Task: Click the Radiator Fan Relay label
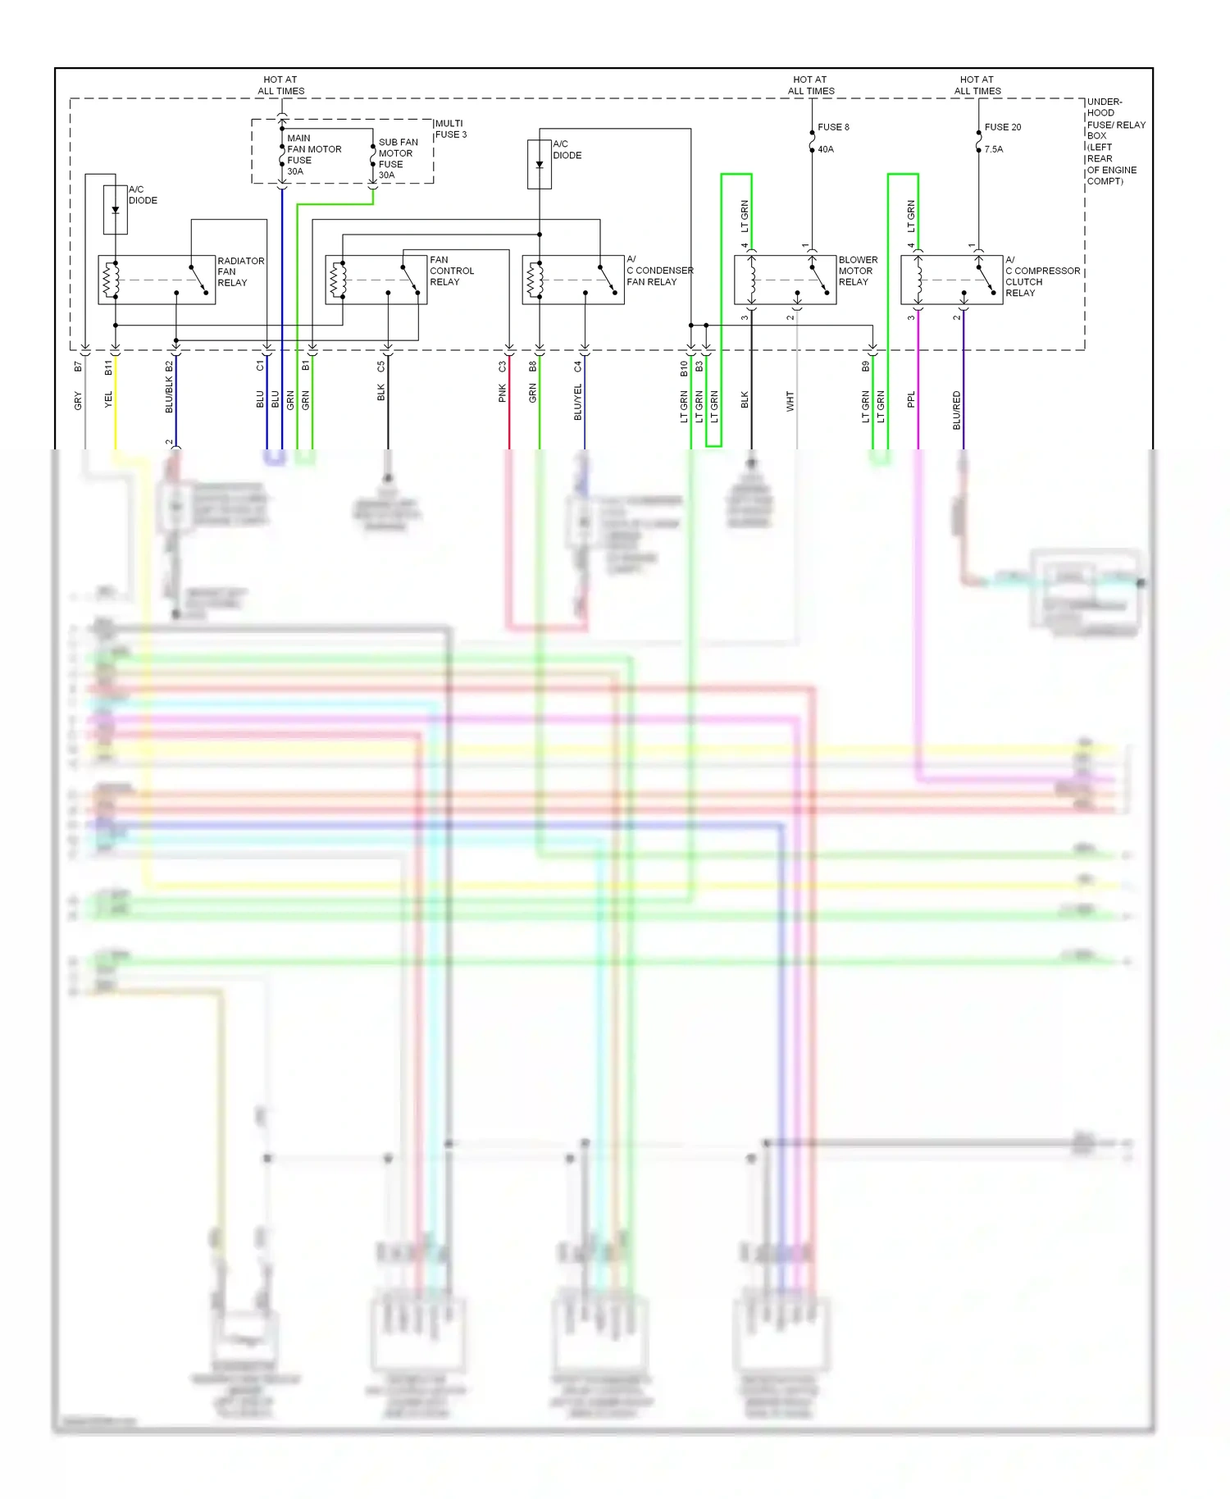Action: pos(240,271)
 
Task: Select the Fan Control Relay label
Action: pos(451,271)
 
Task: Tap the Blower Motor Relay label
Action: pos(857,271)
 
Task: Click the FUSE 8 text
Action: pos(833,127)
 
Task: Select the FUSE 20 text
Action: pos(1002,127)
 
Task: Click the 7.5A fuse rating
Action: pos(993,149)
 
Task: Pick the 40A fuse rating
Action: pos(825,149)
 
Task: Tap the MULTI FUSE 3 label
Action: pos(450,129)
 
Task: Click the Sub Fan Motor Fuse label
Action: pos(397,158)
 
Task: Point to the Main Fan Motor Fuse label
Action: pos(313,154)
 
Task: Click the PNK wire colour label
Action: pos(502,394)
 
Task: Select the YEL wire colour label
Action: pos(108,399)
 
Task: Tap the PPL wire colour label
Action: pos(911,399)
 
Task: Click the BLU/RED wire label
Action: pos(956,410)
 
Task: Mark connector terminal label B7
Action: pos(78,367)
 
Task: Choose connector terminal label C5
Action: pos(380,367)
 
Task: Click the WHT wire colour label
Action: pos(790,401)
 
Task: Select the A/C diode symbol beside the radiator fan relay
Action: pos(116,210)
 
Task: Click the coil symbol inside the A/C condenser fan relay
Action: pos(536,280)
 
